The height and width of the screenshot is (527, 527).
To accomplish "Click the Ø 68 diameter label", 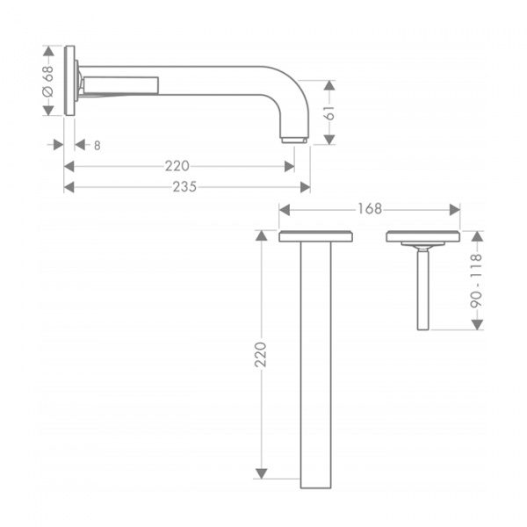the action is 48,81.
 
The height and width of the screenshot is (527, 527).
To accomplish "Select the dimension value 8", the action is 97,146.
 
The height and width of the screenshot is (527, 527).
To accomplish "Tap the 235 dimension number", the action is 184,187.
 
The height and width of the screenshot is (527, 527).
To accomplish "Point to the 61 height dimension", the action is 329,112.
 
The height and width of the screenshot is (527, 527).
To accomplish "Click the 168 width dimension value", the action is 370,209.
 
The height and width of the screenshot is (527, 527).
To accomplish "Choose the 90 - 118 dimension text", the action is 476,281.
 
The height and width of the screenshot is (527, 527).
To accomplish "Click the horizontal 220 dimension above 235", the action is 177,166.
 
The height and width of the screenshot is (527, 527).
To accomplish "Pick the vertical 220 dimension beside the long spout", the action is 261,354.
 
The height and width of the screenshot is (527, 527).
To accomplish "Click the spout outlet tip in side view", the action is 293,140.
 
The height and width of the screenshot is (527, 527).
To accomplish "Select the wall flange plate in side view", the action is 69,81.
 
